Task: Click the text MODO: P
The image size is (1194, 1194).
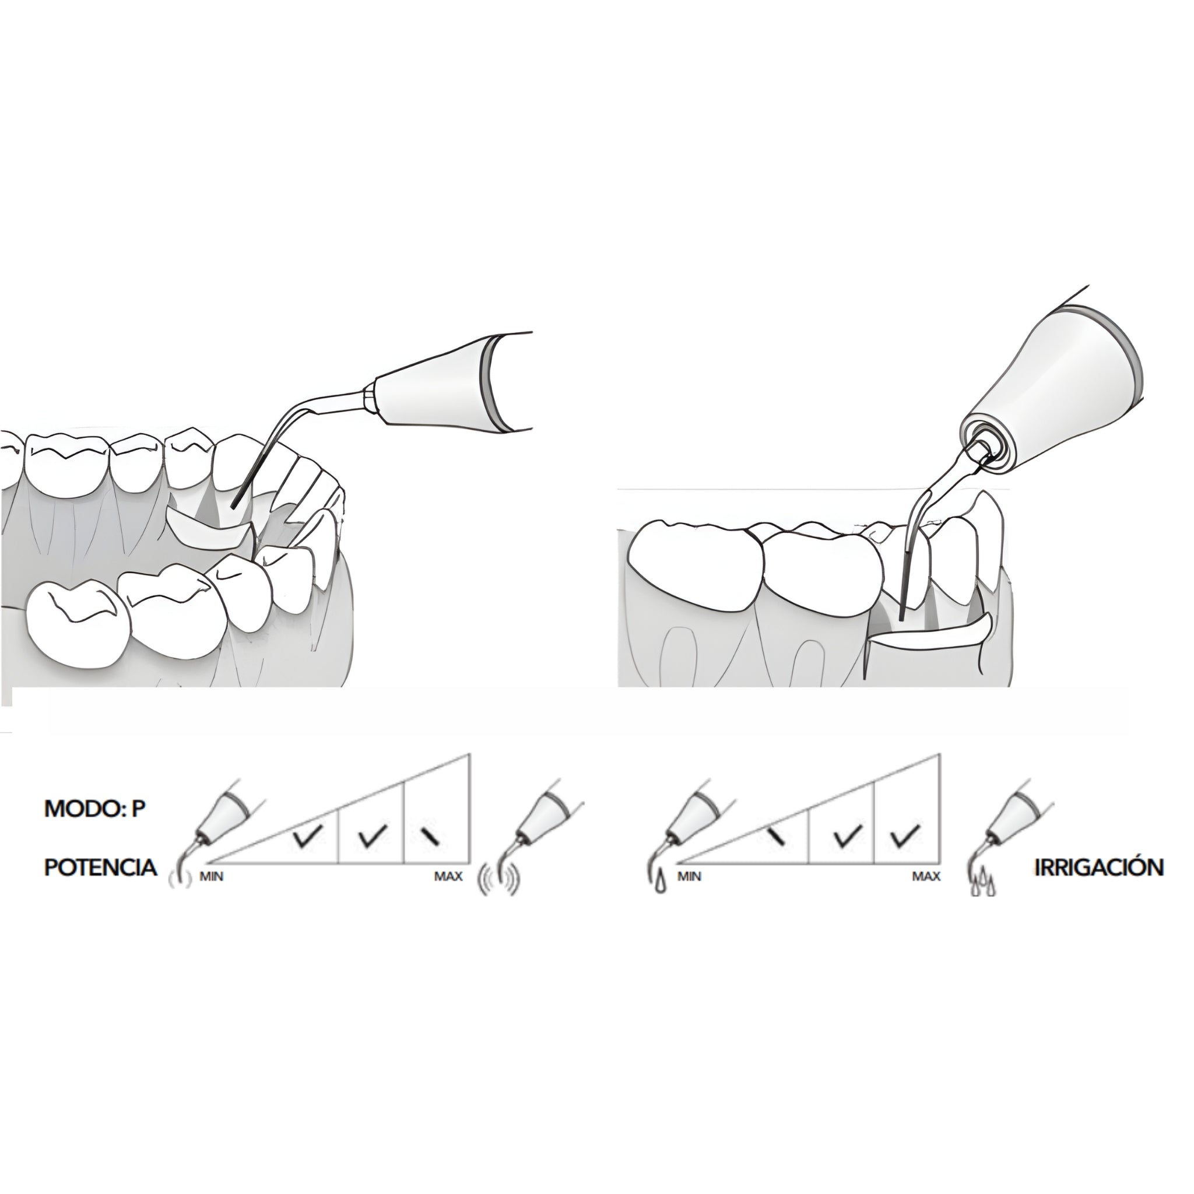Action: [94, 809]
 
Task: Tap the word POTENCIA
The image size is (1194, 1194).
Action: [101, 867]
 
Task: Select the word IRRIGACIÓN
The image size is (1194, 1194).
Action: [1100, 867]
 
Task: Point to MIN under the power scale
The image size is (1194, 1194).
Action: [212, 877]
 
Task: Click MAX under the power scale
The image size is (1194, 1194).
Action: [448, 876]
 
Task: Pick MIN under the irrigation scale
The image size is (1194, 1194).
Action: [689, 876]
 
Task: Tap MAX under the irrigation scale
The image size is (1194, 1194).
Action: [926, 876]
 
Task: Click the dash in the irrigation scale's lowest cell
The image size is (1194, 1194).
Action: [776, 838]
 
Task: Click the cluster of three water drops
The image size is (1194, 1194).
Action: [981, 885]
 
